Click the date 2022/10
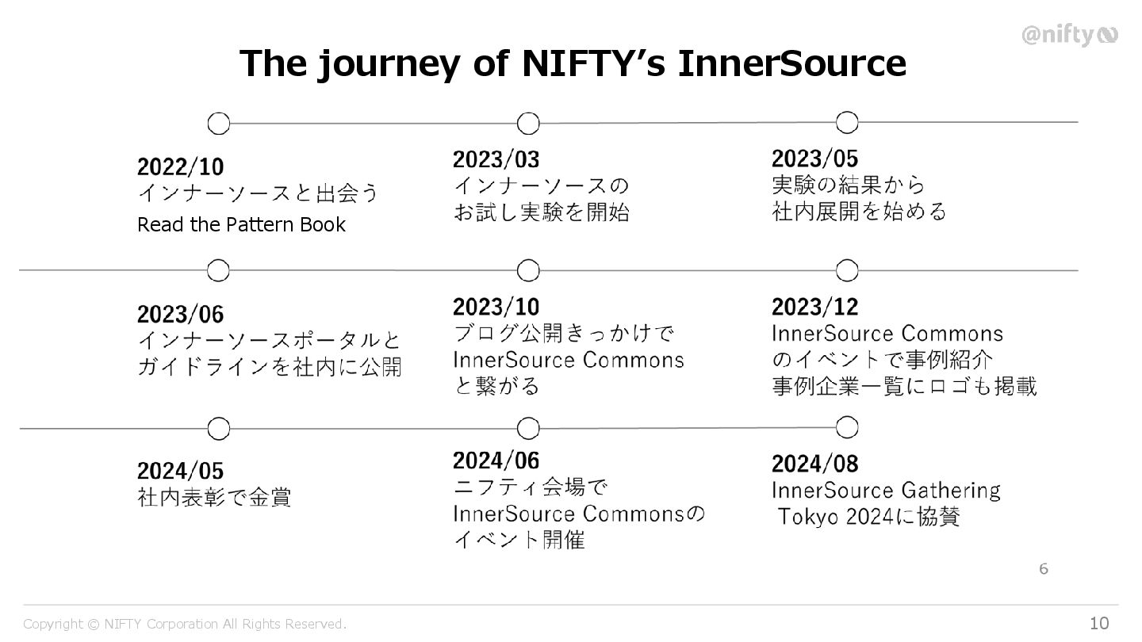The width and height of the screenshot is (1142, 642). (x=180, y=167)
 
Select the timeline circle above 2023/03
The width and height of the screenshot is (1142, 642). (x=527, y=124)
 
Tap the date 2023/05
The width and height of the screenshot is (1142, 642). (x=814, y=159)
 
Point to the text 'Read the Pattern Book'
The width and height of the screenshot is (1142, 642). (x=241, y=225)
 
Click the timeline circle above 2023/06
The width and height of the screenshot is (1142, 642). (x=218, y=271)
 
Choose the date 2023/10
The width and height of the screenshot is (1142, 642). (x=496, y=307)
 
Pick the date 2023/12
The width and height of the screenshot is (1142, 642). (x=814, y=307)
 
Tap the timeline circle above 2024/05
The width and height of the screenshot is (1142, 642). (x=218, y=429)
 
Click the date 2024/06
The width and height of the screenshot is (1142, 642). (x=496, y=460)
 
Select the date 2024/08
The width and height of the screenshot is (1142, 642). (x=814, y=464)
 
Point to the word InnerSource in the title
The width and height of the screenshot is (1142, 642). (x=792, y=63)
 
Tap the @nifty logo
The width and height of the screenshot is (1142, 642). (x=1068, y=36)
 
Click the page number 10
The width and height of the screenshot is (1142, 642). (x=1099, y=624)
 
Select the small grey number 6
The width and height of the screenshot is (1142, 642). (x=1044, y=569)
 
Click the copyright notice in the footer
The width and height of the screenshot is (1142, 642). (x=185, y=625)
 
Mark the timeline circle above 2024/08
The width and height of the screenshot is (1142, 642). (x=847, y=428)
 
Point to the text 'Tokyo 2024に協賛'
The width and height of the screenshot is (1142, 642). (x=869, y=518)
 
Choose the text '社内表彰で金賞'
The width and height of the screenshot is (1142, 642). (x=214, y=498)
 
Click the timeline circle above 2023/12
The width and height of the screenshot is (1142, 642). (x=847, y=271)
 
